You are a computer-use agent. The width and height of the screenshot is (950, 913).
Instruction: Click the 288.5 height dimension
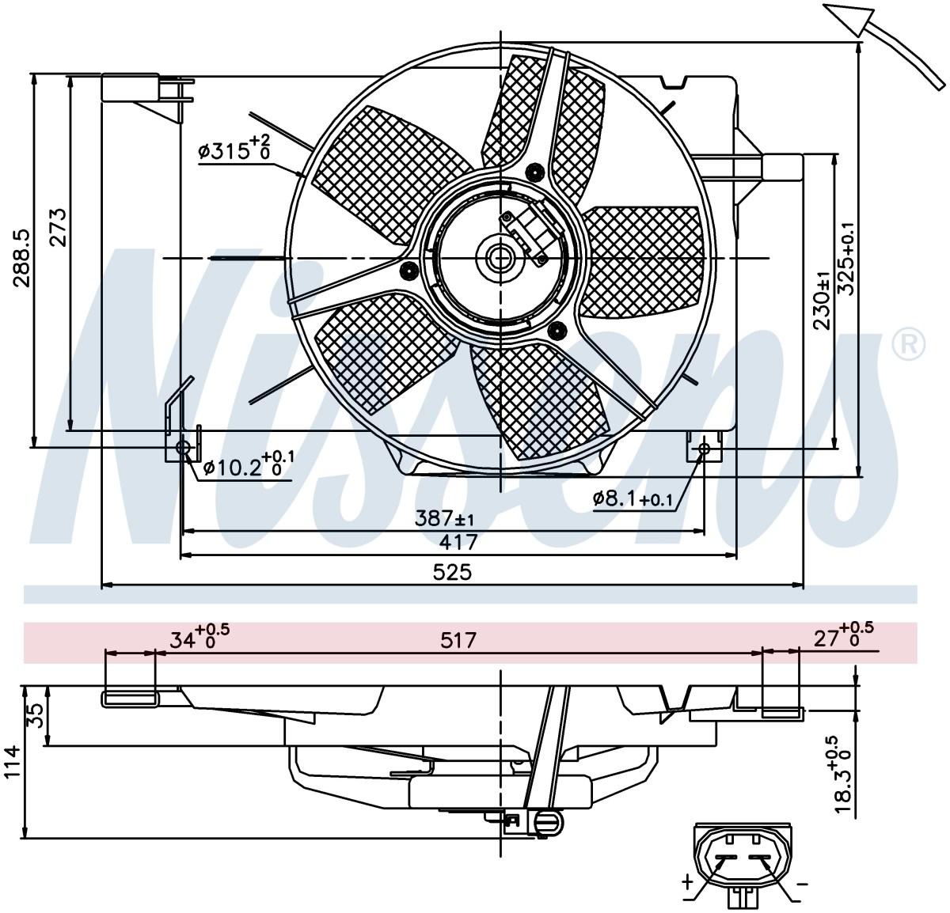click(21, 259)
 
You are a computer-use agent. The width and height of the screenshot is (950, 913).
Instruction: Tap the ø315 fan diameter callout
click(234, 147)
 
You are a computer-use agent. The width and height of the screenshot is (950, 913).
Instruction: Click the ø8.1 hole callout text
click(633, 498)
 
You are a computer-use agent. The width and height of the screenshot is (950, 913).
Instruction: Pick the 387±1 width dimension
click(444, 518)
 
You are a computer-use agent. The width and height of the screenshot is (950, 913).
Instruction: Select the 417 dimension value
click(458, 542)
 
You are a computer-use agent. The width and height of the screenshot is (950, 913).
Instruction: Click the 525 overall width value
click(453, 572)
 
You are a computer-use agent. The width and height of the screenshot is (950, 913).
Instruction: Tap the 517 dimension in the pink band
click(458, 640)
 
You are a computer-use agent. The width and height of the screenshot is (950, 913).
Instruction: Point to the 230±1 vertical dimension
click(822, 301)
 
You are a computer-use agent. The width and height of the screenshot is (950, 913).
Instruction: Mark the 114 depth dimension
click(13, 762)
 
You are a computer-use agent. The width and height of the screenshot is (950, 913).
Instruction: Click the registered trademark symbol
click(908, 344)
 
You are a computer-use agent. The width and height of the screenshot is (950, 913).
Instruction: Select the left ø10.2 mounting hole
click(183, 447)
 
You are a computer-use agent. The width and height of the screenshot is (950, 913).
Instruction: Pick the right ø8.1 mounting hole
click(704, 448)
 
